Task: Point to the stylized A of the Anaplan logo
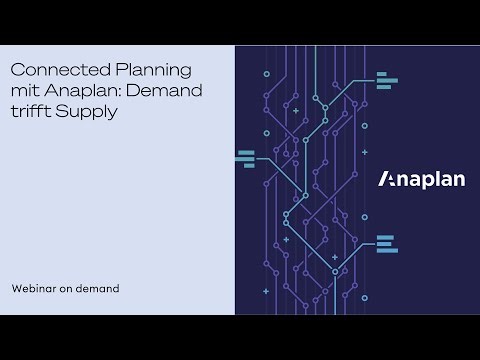pyautogui.click(x=385, y=180)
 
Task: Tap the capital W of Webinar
pyautogui.click(x=15, y=288)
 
